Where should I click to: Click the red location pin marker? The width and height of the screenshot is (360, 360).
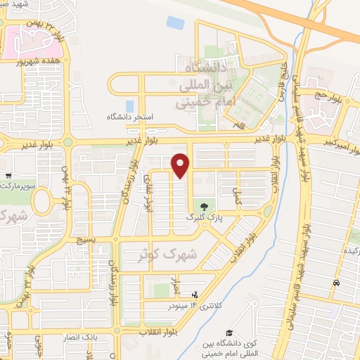181,165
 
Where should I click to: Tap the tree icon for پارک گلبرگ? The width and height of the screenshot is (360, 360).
204,207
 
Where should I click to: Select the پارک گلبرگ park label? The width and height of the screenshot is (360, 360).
203,219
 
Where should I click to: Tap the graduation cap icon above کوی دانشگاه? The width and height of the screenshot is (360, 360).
229,333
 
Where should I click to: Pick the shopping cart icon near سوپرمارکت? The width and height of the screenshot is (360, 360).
7,176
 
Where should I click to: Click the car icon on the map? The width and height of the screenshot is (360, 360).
336,283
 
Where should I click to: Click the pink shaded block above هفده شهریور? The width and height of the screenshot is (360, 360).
21,42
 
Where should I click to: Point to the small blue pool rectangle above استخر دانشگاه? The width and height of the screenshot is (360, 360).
175,22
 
